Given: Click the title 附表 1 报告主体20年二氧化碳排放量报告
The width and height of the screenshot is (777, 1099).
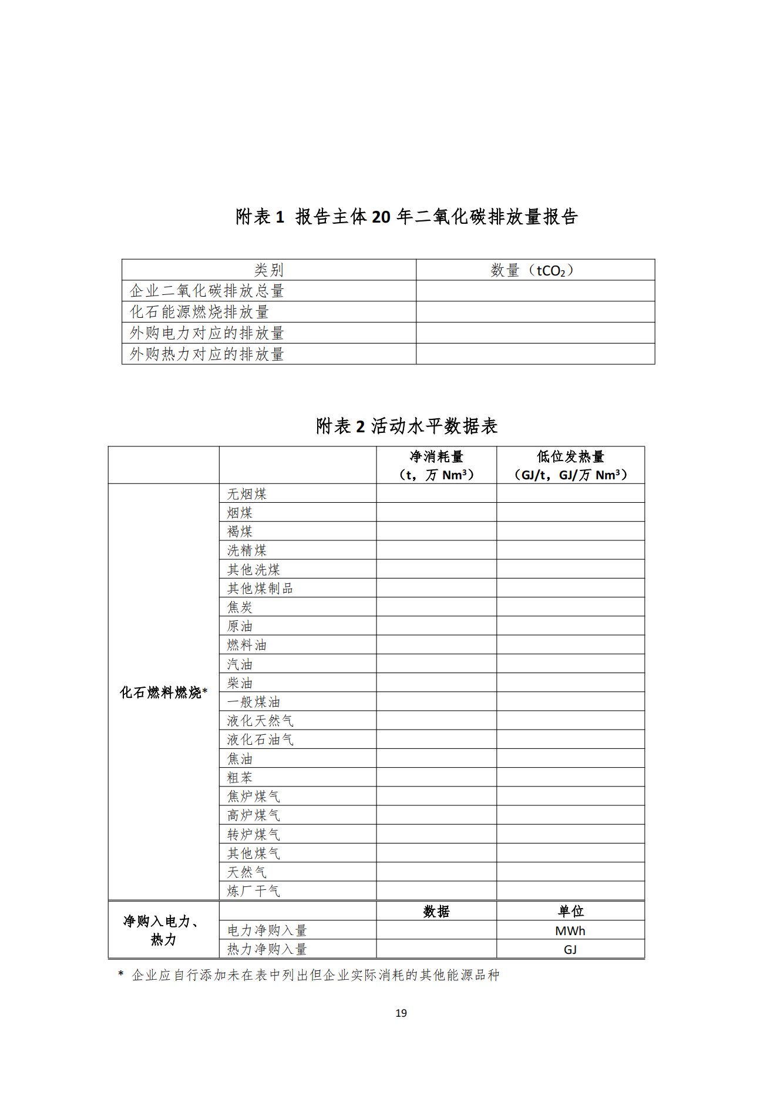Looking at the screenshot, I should (406, 217).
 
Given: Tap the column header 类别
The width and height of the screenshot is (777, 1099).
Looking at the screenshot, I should (268, 270).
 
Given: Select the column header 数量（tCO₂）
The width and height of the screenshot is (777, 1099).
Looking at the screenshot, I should (532, 270).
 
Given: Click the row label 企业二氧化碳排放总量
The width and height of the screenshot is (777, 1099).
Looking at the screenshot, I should (207, 291).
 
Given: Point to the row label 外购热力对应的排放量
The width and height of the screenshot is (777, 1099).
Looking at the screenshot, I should (207, 354).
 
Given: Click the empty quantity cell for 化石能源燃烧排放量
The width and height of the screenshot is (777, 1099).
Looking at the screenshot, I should (535, 312).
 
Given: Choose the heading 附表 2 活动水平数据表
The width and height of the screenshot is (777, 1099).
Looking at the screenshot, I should (406, 426).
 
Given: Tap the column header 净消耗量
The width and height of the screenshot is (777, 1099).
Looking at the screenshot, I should (436, 457).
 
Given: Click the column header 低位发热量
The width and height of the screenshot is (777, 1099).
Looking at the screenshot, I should (570, 457).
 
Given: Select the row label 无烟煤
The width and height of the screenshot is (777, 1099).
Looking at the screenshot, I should (247, 494).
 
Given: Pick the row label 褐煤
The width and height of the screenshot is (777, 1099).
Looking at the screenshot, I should (240, 532).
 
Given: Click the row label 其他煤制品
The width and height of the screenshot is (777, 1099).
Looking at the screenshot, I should (260, 589).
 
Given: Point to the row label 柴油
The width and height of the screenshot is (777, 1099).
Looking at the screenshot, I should (240, 683).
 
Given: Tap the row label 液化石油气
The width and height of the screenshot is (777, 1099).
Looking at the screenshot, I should (260, 740).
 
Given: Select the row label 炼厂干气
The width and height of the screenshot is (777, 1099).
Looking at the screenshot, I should (253, 891).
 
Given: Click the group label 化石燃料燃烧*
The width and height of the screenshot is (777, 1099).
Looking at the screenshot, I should (163, 693).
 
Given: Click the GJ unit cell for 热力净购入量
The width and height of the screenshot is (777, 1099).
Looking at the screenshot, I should (570, 950).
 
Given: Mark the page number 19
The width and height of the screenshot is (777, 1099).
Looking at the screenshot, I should (401, 1013).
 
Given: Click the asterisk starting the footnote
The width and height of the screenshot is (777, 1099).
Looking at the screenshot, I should (121, 974).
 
